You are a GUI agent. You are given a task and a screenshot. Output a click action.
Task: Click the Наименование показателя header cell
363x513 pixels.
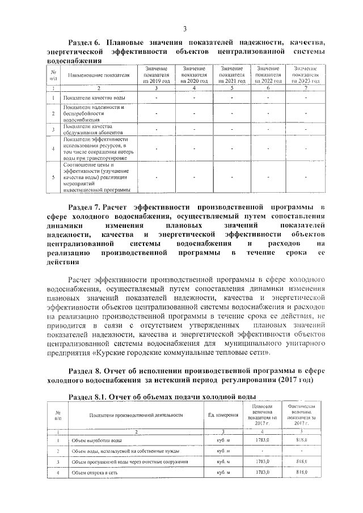coord(99,75)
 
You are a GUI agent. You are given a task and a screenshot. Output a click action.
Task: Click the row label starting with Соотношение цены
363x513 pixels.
coord(96,177)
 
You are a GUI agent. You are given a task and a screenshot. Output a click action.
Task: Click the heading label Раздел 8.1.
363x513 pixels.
coord(87,396)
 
